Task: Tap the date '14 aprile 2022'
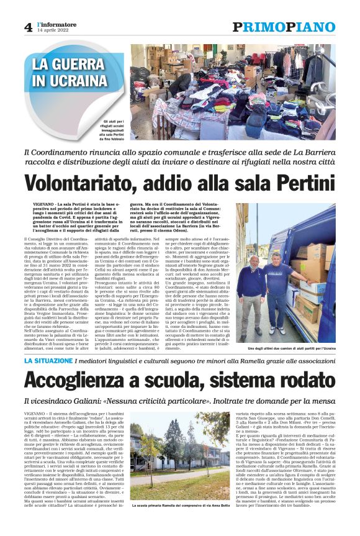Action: click(x=52, y=31)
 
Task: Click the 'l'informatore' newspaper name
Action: click(x=55, y=24)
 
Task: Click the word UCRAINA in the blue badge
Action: click(x=71, y=81)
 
